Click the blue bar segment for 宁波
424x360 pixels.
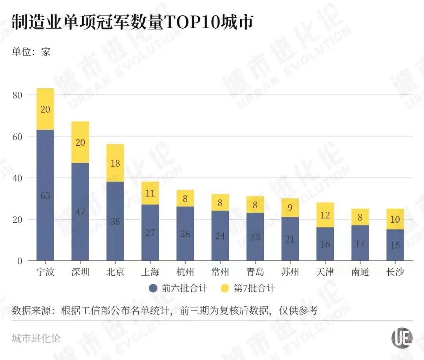click(45, 195)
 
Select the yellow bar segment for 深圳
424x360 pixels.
click(80, 142)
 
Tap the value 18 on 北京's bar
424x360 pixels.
click(115, 163)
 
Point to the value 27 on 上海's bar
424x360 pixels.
click(150, 233)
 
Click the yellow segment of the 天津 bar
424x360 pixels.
click(325, 215)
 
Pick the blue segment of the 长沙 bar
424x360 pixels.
click(395, 245)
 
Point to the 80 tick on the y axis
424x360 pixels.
click(19, 95)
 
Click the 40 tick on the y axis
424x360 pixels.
click(19, 178)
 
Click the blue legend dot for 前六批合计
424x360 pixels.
click(154, 289)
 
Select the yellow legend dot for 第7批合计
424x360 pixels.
click(225, 289)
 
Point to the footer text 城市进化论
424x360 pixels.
click(36, 338)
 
